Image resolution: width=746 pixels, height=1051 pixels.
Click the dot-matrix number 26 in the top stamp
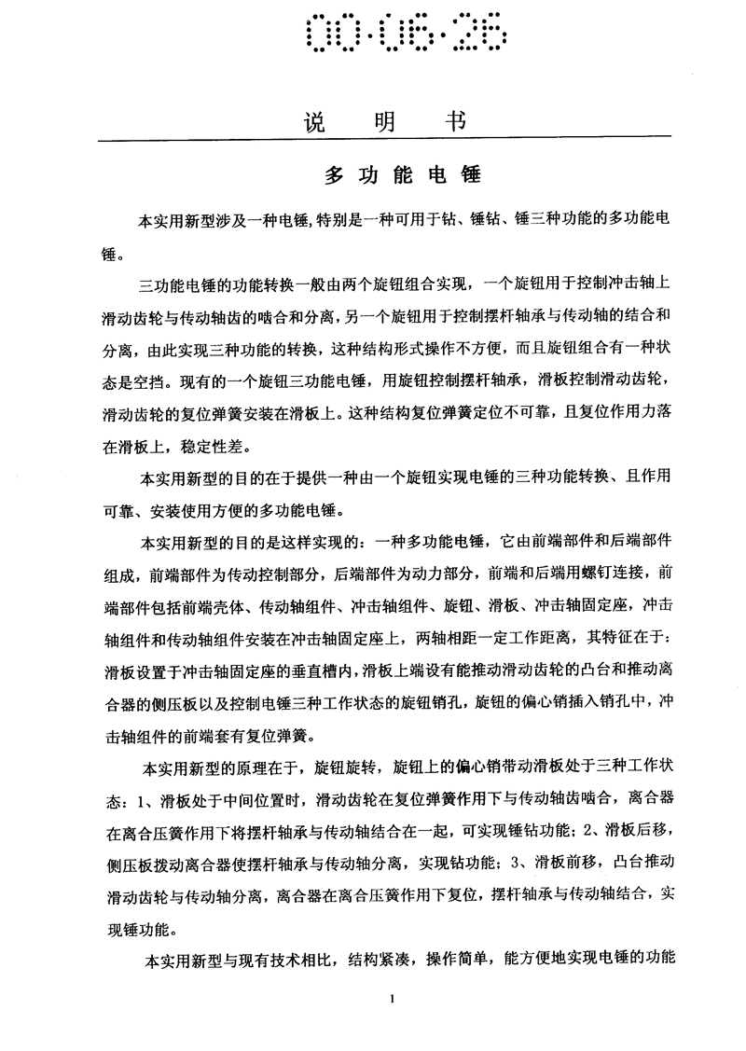[x=481, y=36]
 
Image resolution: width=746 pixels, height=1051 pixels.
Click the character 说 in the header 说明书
[x=319, y=122]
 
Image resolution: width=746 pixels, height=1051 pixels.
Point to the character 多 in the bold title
[x=333, y=175]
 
